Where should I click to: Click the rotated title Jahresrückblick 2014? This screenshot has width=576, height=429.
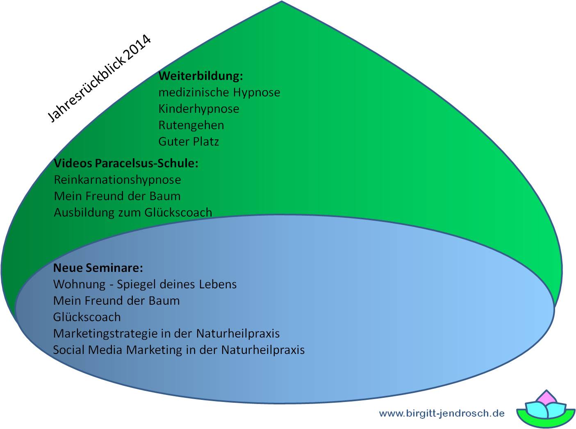pyautogui.click(x=99, y=78)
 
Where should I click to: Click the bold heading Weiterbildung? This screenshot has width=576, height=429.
pyautogui.click(x=201, y=76)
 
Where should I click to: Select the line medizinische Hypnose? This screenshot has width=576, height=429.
pyautogui.click(x=219, y=93)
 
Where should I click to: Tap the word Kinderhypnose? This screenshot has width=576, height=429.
pyautogui.click(x=199, y=109)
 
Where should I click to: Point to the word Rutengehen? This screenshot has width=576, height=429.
pyautogui.click(x=191, y=125)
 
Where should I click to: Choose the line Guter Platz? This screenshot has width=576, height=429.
pyautogui.click(x=189, y=141)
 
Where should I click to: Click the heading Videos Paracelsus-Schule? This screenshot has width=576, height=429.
pyautogui.click(x=126, y=163)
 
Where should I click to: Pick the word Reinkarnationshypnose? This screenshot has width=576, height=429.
pyautogui.click(x=117, y=180)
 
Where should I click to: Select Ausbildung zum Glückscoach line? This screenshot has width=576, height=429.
pyautogui.click(x=133, y=212)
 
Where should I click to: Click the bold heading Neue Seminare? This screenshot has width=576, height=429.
pyautogui.click(x=98, y=268)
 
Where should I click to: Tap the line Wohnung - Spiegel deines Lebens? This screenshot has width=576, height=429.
pyautogui.click(x=145, y=284)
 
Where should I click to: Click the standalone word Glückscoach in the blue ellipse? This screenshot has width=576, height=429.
pyautogui.click(x=87, y=317)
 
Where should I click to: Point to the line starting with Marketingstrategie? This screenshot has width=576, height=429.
pyautogui.click(x=166, y=333)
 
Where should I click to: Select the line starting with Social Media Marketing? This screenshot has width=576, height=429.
pyautogui.click(x=179, y=350)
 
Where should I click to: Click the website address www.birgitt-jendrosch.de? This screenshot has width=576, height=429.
pyautogui.click(x=442, y=413)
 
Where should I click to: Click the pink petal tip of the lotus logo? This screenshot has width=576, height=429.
pyautogui.click(x=546, y=390)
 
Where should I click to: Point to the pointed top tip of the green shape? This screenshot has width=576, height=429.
pyautogui.click(x=282, y=1)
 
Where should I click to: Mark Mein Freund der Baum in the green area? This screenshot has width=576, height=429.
pyautogui.click(x=117, y=196)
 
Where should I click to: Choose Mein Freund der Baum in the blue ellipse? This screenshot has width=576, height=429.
pyautogui.click(x=116, y=301)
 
